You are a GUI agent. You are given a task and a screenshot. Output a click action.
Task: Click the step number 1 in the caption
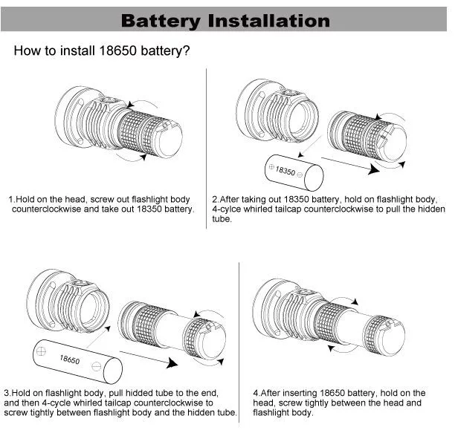(11, 200)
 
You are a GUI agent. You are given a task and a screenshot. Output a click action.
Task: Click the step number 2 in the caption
(215, 200)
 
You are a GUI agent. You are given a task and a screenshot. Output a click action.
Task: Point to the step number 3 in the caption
(7, 392)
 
